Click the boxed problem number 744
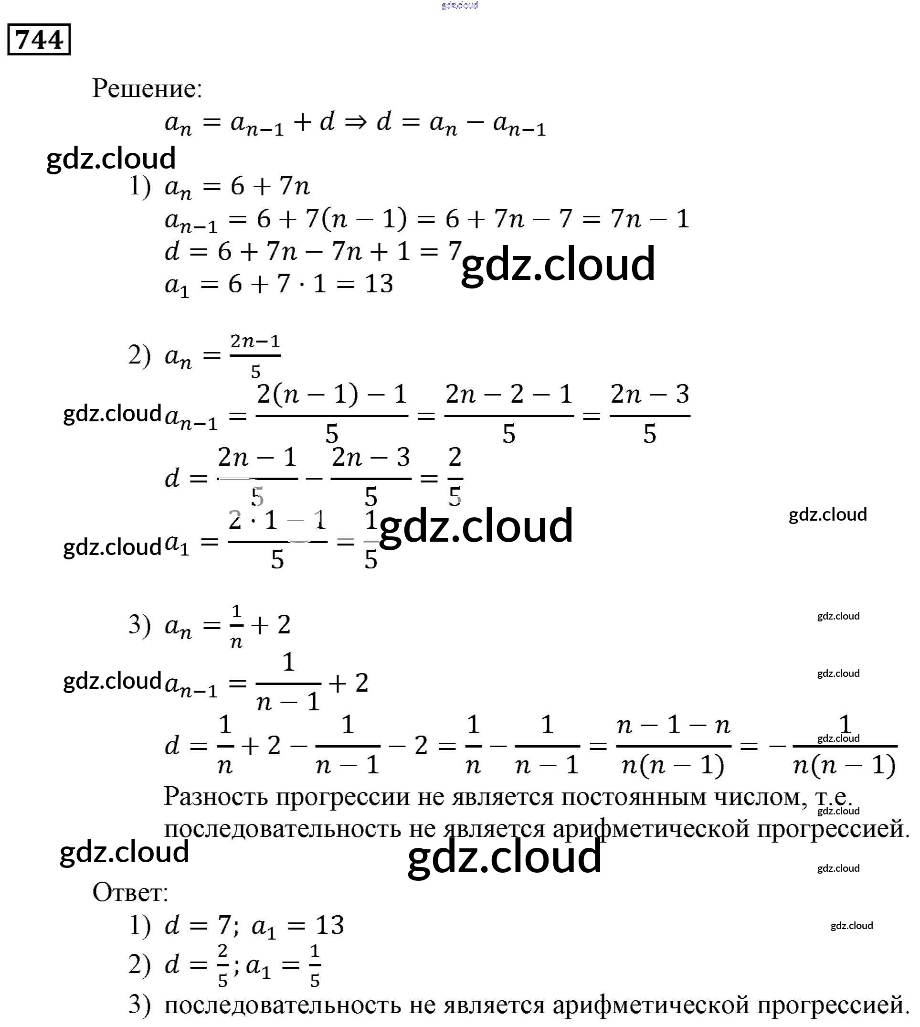39,40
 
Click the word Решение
147,89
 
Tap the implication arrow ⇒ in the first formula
355,122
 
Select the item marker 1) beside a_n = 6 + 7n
140,186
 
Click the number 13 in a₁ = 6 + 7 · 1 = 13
379,284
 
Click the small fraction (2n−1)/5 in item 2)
255,355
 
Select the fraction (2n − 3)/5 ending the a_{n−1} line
650,415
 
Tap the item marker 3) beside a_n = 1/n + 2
140,625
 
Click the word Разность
216,797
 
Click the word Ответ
130,892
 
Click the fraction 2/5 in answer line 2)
222,965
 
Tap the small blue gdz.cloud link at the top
459,6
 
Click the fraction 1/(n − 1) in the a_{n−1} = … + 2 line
288,683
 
